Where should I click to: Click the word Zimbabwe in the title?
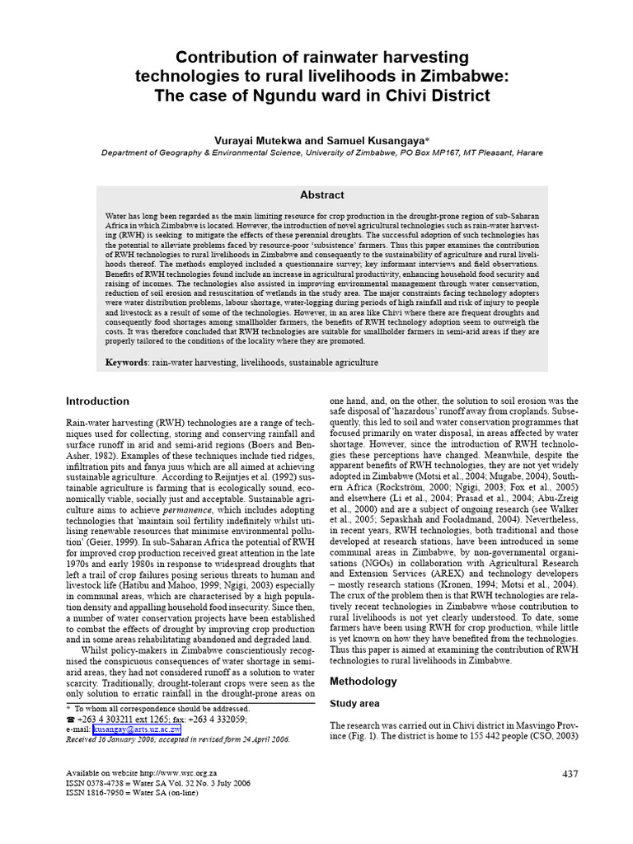pyautogui.click(x=462, y=77)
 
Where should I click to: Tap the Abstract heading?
pyautogui.click(x=321, y=195)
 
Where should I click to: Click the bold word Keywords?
pyautogui.click(x=126, y=362)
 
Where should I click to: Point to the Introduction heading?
pyautogui.click(x=97, y=401)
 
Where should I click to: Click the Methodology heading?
pyautogui.click(x=363, y=682)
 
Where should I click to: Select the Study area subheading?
pyautogui.click(x=354, y=704)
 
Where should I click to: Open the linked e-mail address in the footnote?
pyautogui.click(x=136, y=729)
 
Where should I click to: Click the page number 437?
pyautogui.click(x=571, y=773)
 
